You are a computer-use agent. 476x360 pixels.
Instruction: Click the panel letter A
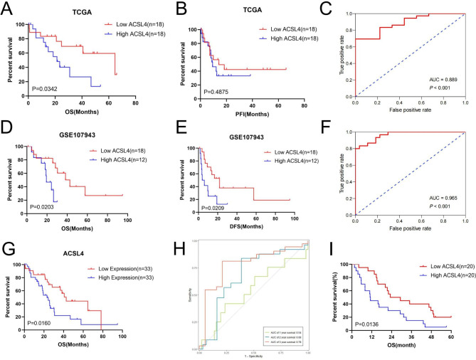coord(8,8)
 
